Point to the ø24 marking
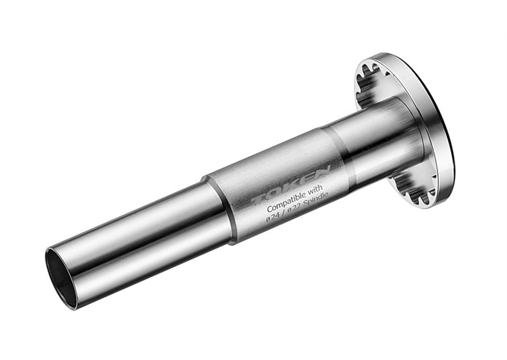[272, 217]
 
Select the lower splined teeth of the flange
[414, 190]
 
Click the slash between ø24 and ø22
[283, 213]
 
